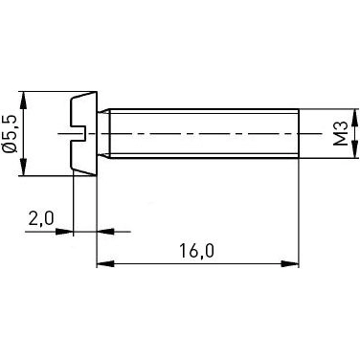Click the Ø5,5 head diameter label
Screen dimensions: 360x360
point(11,134)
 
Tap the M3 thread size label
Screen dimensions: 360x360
point(339,133)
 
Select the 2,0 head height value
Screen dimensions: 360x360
point(41,219)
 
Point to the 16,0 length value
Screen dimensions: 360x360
point(197,251)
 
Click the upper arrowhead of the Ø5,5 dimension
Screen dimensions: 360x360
point(23,99)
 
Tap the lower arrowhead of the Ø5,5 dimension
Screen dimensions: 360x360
point(23,169)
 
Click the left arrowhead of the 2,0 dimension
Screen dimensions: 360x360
point(65,231)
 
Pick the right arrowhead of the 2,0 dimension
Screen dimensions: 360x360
point(105,231)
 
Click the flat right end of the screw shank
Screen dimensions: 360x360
point(298,133)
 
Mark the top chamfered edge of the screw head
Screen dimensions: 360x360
point(85,97)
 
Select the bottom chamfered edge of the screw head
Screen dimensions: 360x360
point(85,171)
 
